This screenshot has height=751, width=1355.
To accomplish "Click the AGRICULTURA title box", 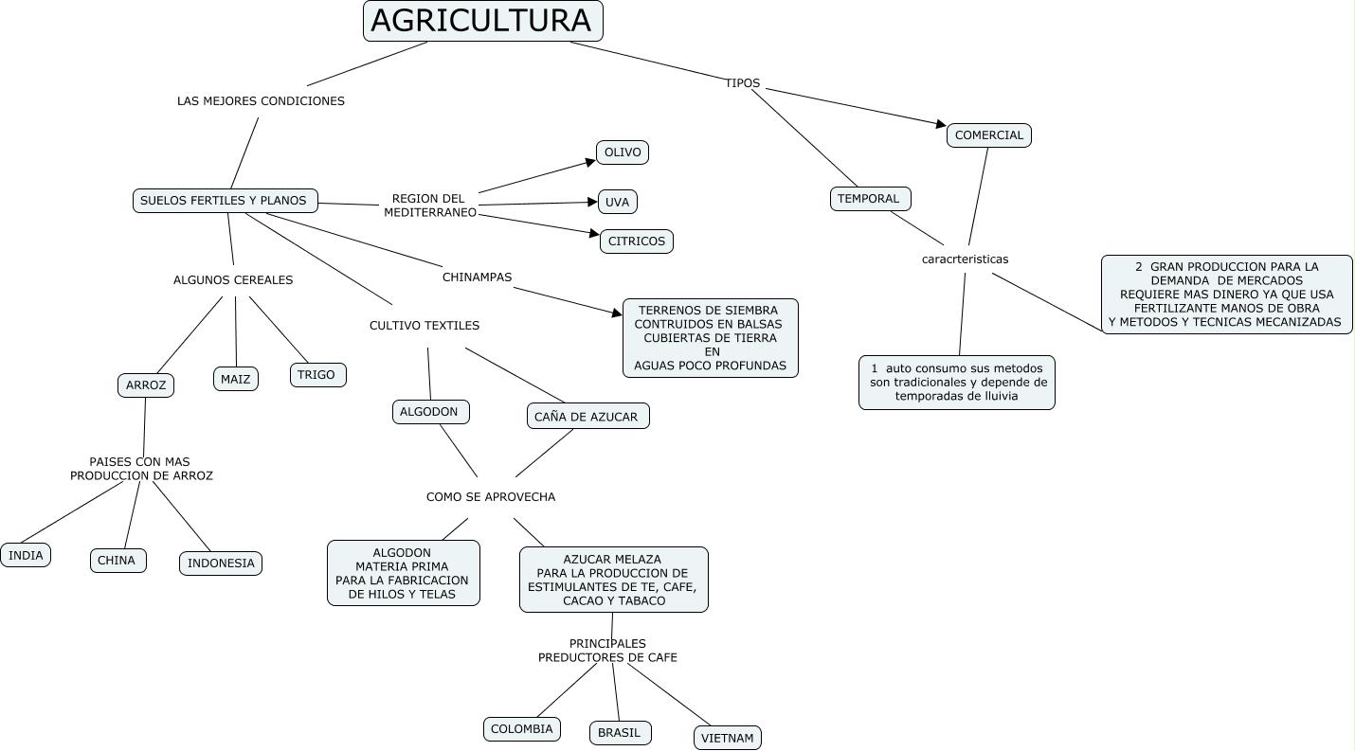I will pos(482,21).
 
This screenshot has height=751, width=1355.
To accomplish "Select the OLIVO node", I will pos(623,152).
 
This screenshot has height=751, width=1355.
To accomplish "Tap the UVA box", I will pos(617,202).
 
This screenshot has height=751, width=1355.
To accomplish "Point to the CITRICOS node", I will pos(637,241).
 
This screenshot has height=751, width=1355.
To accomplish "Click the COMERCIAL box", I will pos(988,135).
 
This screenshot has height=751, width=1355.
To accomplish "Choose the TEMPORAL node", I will pos(869,199).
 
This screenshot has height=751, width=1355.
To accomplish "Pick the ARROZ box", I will pos(146,385).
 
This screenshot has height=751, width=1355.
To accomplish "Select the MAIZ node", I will pos(235,379).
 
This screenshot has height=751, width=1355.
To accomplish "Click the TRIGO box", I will pos(316,375).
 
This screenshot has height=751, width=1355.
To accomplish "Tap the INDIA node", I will pos(26,555).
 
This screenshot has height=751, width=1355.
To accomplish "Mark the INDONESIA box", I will pos(221,563).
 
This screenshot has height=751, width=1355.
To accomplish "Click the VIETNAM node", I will pos(728,738).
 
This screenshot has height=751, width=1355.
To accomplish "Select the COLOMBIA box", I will pos(521,729).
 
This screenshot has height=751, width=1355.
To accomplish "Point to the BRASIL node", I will pos(620,733).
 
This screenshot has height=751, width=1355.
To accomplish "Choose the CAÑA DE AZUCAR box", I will pos(587,417).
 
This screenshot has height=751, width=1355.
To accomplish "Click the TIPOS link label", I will pos(743,83).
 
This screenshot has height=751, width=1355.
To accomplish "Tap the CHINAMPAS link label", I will pos(477,277).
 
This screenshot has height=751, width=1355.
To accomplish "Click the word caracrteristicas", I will pos(965,259).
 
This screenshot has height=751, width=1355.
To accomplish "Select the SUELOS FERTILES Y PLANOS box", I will pos(225,200).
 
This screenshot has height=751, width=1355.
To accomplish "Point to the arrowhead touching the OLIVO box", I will pos(589,162).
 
